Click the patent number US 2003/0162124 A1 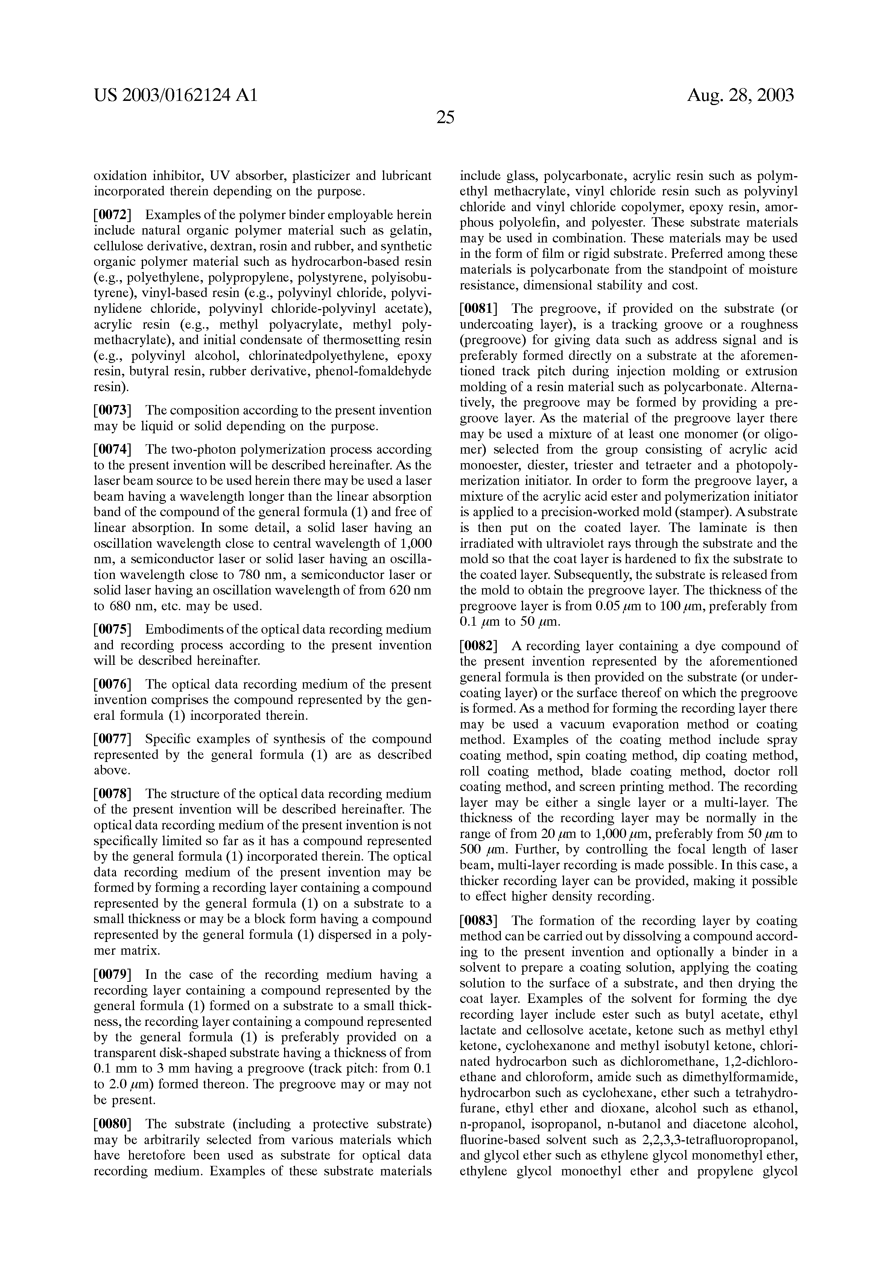click(x=175, y=96)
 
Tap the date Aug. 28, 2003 click(x=740, y=96)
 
